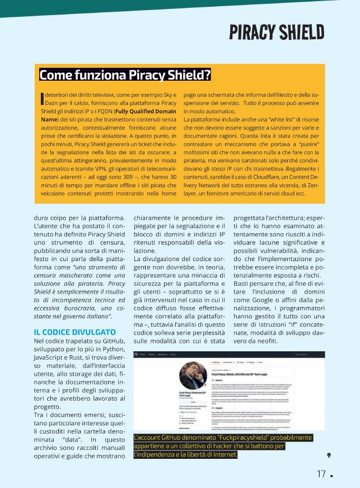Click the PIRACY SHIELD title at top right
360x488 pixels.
coord(277,32)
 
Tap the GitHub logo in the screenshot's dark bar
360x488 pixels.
coord(135,354)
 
